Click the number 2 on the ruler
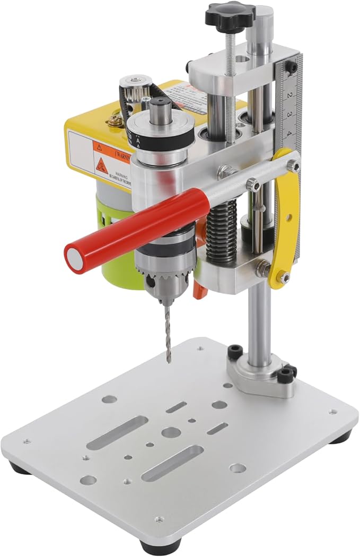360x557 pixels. tap(289, 95)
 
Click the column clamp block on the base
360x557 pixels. tap(260, 377)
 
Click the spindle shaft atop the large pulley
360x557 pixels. tap(160, 111)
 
